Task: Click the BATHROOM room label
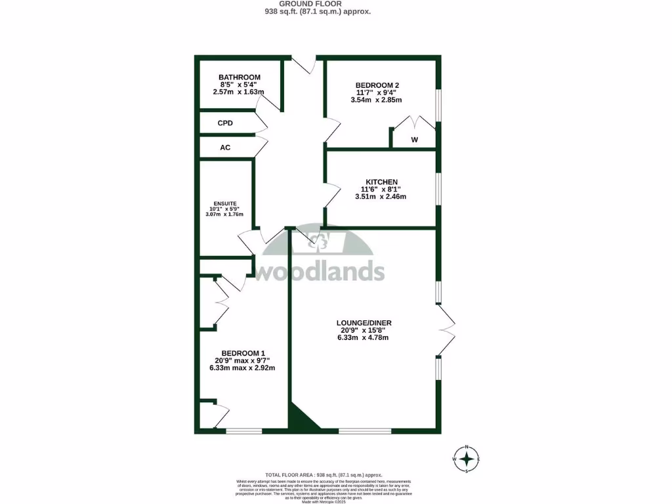pyautogui.click(x=240, y=77)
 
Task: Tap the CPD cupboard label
pyautogui.click(x=225, y=123)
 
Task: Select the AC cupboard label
pyautogui.click(x=225, y=148)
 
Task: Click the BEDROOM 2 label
pyautogui.click(x=377, y=85)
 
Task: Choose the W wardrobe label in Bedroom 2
pyautogui.click(x=415, y=140)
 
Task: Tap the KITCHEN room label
pyautogui.click(x=381, y=182)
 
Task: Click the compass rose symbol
pyautogui.click(x=467, y=459)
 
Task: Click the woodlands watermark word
pyautogui.click(x=319, y=271)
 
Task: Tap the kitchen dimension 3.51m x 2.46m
pyautogui.click(x=381, y=197)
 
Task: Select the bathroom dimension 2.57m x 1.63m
pyautogui.click(x=239, y=92)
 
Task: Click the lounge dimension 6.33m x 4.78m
pyautogui.click(x=363, y=338)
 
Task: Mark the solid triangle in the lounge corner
pyautogui.click(x=301, y=419)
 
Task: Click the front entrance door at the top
pyautogui.click(x=304, y=64)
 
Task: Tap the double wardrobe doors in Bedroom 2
pyautogui.click(x=414, y=124)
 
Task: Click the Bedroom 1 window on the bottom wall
pyautogui.click(x=244, y=431)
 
